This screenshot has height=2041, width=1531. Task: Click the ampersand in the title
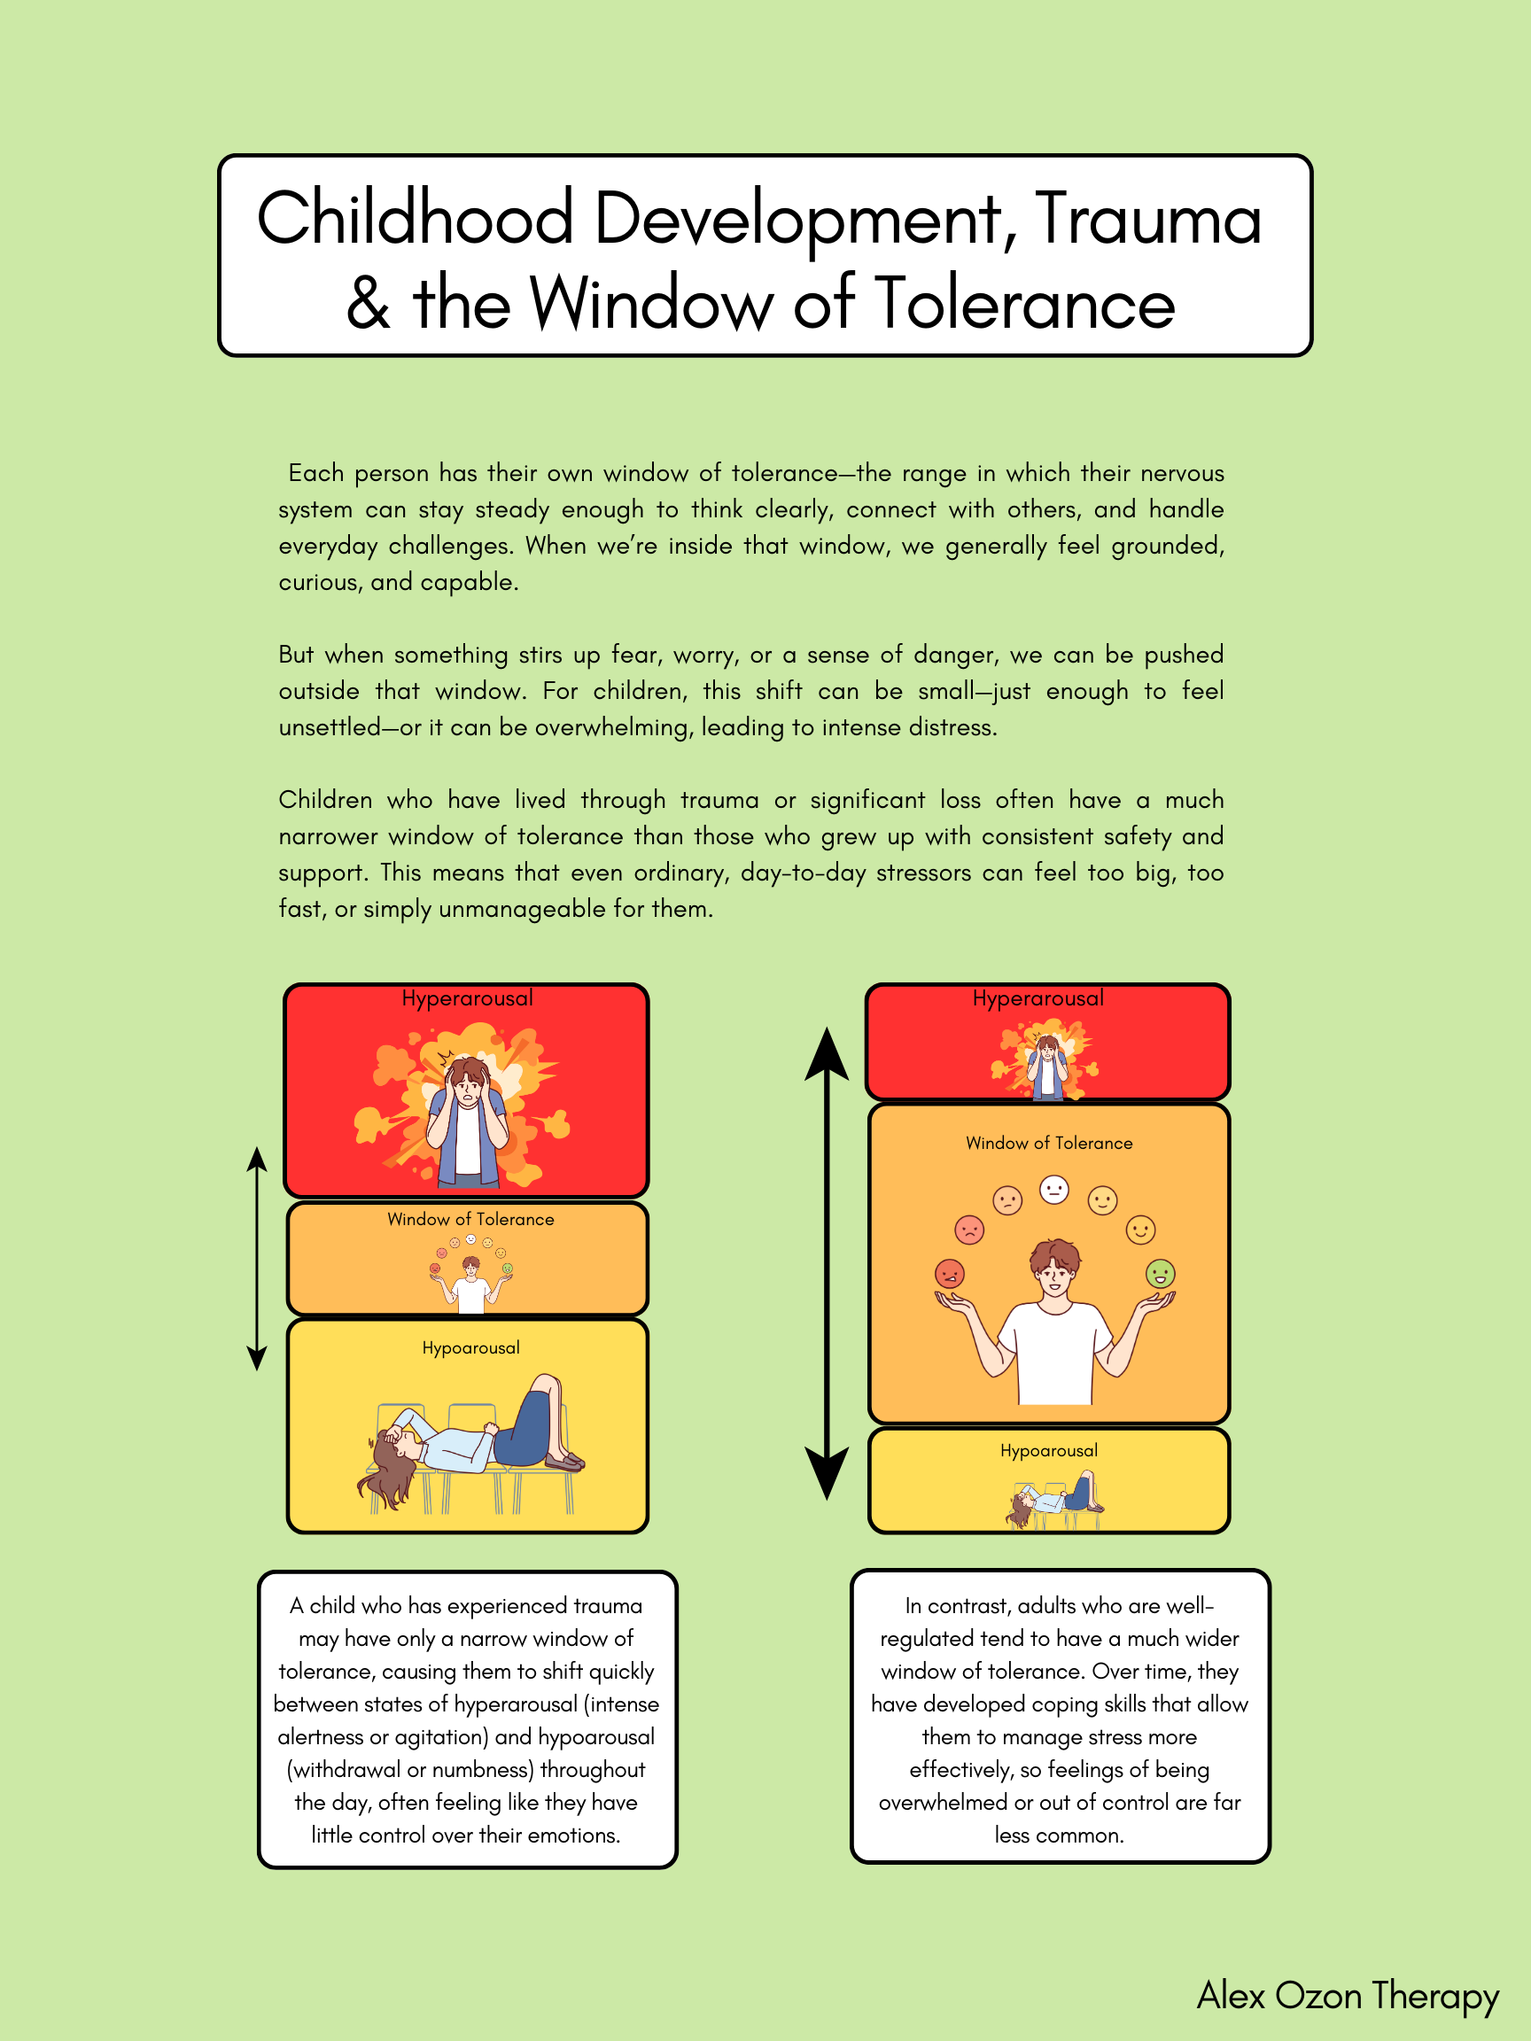[x=369, y=304]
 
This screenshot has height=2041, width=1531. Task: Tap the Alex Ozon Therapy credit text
[x=1347, y=1996]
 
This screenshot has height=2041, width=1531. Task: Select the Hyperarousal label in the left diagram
[x=467, y=998]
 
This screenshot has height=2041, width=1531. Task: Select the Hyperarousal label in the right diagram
[x=1038, y=998]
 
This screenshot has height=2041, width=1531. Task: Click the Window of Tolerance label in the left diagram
[x=470, y=1219]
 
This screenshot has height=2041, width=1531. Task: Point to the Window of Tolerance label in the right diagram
[x=1048, y=1144]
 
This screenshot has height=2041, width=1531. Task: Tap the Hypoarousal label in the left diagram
[x=470, y=1348]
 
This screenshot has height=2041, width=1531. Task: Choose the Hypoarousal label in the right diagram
[x=1048, y=1450]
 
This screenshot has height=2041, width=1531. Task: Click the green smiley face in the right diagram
[x=1160, y=1274]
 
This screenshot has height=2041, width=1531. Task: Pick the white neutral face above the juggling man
[x=1053, y=1190]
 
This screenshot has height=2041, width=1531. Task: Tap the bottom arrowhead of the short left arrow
[x=257, y=1357]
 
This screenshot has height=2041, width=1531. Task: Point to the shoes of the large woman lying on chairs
[x=563, y=1460]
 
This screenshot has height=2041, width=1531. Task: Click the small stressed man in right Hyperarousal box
[x=1046, y=1066]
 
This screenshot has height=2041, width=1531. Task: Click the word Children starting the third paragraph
[x=326, y=800]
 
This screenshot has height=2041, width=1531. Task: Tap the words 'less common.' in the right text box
[x=1059, y=1835]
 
